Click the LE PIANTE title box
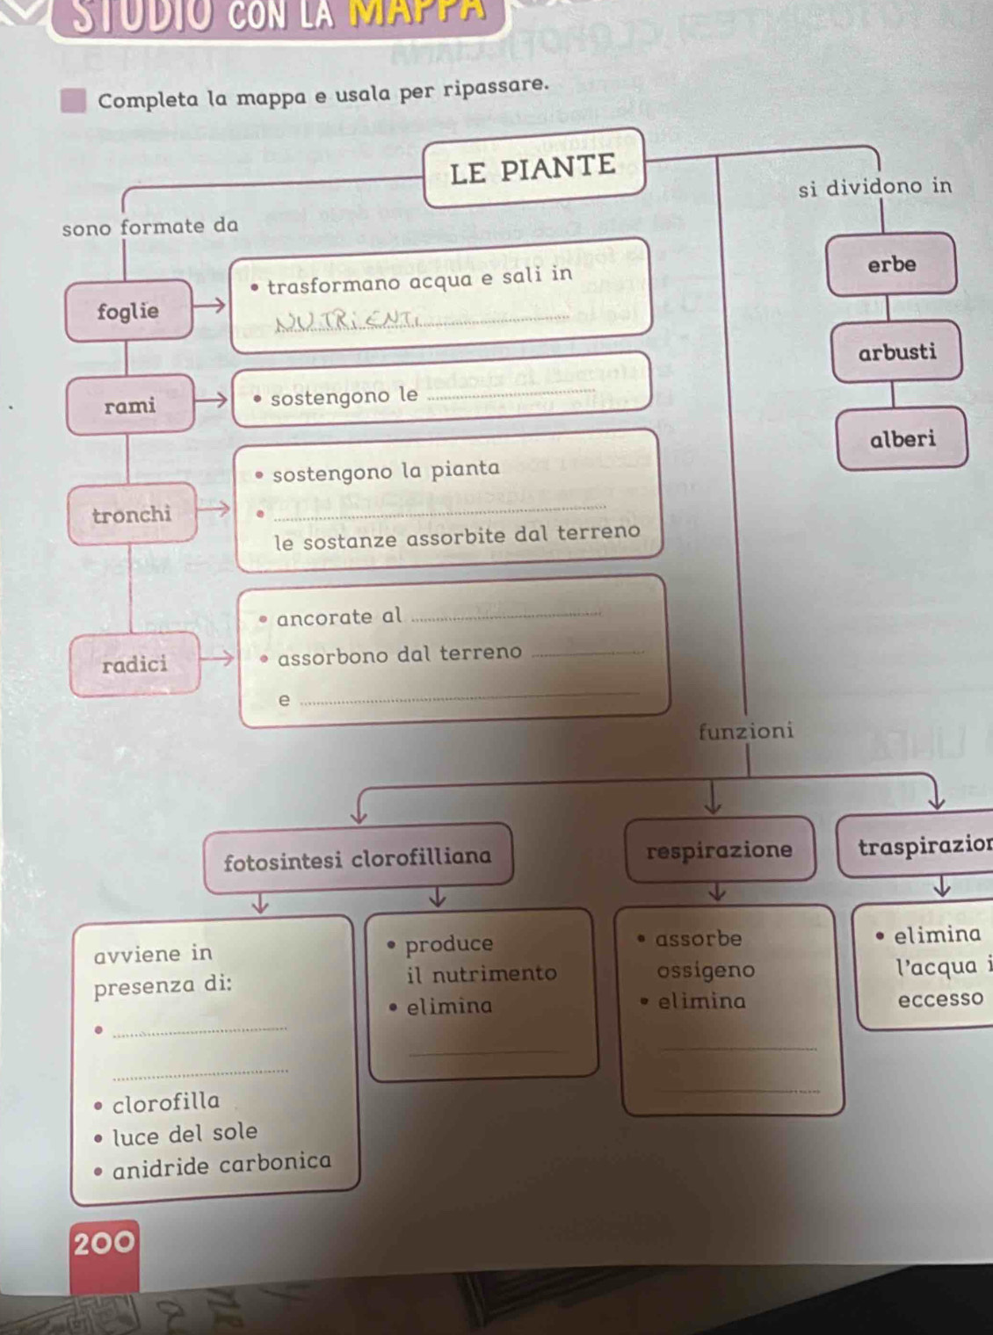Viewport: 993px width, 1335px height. click(x=533, y=167)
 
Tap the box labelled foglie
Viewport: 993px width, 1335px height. click(x=129, y=311)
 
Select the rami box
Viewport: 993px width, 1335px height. click(x=130, y=406)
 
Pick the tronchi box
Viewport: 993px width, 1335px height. click(x=132, y=515)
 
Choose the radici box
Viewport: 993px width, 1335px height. click(x=134, y=665)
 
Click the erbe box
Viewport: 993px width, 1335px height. click(x=891, y=264)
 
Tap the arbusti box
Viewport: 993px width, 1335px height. click(x=897, y=353)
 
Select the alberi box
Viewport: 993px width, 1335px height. click(x=902, y=439)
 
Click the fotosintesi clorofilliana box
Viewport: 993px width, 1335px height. click(x=358, y=858)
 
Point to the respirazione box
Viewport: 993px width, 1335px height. click(x=719, y=850)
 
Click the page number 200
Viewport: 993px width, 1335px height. click(x=105, y=1243)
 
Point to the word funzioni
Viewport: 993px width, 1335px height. click(x=746, y=731)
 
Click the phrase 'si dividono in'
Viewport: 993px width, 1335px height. click(x=875, y=186)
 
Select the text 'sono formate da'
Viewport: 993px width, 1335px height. click(x=150, y=226)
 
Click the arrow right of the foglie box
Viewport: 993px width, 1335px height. click(x=209, y=306)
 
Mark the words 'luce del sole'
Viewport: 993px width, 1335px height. click(x=185, y=1134)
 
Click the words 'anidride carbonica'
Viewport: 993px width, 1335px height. click(x=222, y=1165)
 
